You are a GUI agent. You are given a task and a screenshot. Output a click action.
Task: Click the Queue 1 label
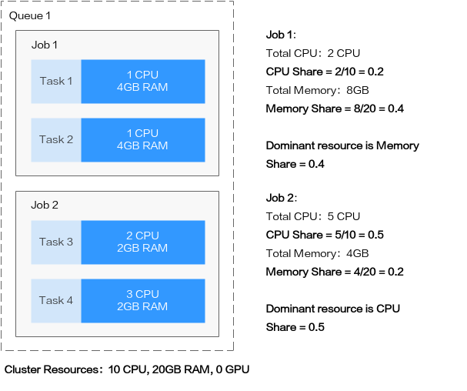[x=30, y=16]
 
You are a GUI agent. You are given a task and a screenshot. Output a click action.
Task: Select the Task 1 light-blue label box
[x=56, y=82]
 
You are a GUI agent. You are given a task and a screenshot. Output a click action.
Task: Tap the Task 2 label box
[x=56, y=140]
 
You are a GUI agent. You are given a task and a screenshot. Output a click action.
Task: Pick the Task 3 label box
[x=56, y=242]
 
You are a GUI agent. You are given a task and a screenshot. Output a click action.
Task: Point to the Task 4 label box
[x=56, y=301]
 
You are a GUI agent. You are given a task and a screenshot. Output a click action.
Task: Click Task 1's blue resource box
[x=143, y=82]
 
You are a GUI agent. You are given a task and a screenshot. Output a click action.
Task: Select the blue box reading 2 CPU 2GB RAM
[x=143, y=242]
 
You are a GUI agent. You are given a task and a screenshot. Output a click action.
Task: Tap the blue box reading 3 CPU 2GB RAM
[x=143, y=301]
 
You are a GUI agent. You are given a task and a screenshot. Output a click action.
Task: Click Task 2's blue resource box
[x=143, y=140]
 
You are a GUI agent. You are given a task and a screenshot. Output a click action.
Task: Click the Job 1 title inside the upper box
[x=45, y=45]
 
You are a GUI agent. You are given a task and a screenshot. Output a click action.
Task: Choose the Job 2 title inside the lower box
[x=45, y=205]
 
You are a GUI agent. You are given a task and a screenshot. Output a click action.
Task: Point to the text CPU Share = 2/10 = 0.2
[x=325, y=72]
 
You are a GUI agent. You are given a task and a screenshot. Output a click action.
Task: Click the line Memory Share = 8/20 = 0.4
[x=335, y=109]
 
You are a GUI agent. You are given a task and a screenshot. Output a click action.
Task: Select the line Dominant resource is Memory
[x=342, y=145]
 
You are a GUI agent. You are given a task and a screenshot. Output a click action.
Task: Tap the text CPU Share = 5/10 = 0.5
[x=325, y=235]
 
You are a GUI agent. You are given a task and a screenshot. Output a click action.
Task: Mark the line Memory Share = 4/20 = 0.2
[x=335, y=272]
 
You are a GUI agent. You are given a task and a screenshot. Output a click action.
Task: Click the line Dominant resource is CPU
[x=333, y=309]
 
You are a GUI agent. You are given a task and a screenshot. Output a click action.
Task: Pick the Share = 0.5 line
[x=295, y=327]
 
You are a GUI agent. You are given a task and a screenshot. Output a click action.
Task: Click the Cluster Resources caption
[x=127, y=369]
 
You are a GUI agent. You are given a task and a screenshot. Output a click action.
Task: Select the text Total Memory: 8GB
[x=318, y=90]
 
